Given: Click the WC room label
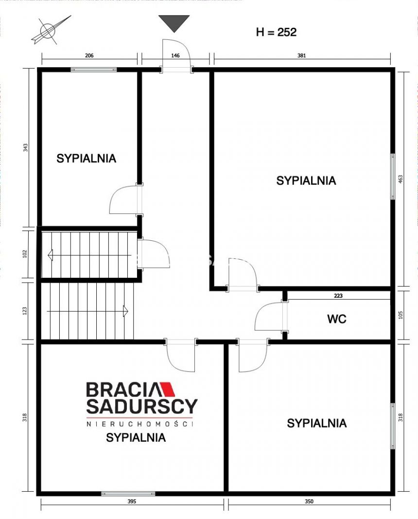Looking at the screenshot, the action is (x=337, y=319).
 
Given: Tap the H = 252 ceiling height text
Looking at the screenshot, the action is (x=276, y=32).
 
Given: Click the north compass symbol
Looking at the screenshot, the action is (x=50, y=30).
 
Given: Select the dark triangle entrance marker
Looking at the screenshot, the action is (x=174, y=23).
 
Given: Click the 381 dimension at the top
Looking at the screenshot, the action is (x=302, y=55).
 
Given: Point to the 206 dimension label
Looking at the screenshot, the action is (x=89, y=55).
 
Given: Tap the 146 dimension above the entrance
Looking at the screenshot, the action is (x=175, y=55).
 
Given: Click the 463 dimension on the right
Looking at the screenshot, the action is (x=401, y=179).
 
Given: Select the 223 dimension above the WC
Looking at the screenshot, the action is (x=338, y=296).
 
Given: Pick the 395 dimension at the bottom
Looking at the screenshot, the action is (x=132, y=501).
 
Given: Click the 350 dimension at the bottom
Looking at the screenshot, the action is (x=309, y=501).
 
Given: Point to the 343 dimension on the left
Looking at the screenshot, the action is (x=25, y=147).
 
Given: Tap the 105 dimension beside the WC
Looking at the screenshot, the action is (x=401, y=315).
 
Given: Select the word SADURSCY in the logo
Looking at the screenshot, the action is (x=142, y=407).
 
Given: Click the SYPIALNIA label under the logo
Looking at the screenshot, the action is (x=136, y=438).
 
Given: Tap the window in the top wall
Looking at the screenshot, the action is (x=94, y=70).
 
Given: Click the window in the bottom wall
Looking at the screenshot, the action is (x=128, y=494).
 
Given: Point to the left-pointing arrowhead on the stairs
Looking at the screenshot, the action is (x=50, y=255).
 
